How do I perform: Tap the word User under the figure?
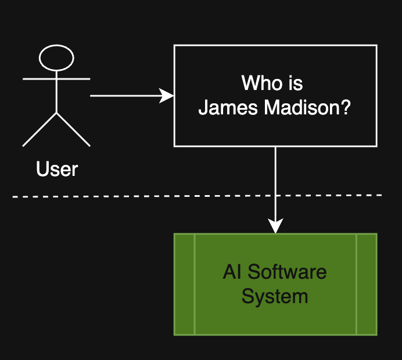[57, 169]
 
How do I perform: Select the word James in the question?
[228, 107]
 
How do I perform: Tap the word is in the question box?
[295, 83]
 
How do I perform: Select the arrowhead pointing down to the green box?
[275, 226]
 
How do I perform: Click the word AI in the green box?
[232, 272]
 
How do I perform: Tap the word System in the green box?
[275, 296]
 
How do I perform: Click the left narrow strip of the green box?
[184, 284]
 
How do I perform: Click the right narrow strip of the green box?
[367, 284]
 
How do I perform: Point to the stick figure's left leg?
[40, 129]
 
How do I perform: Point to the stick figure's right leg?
[73, 129]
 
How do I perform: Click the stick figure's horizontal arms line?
[56, 79]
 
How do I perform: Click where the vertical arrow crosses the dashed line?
[275, 196]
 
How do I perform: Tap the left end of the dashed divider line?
[13, 197]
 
